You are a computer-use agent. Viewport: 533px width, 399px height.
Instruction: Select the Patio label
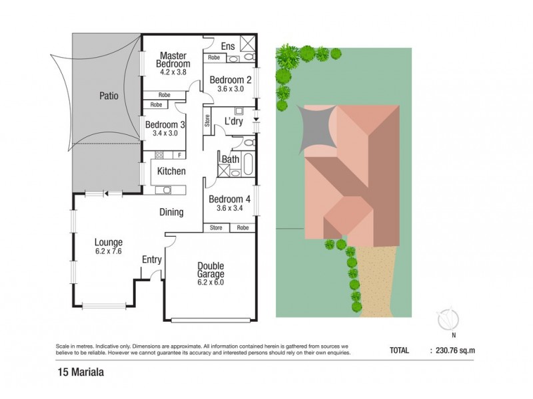pos(107,95)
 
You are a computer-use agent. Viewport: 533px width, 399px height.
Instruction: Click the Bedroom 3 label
pos(165,124)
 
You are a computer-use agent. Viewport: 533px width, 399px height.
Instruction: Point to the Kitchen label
pos(171,172)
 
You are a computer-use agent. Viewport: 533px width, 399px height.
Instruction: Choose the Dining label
pos(171,213)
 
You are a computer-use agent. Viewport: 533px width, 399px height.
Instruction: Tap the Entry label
pos(151,259)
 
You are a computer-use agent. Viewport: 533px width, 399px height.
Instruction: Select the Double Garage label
pos(211,270)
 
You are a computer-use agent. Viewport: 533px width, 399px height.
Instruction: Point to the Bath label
pos(231,160)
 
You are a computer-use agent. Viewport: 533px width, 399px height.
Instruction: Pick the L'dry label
pos(233,122)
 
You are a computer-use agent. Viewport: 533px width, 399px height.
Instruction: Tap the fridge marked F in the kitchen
pos(180,155)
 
